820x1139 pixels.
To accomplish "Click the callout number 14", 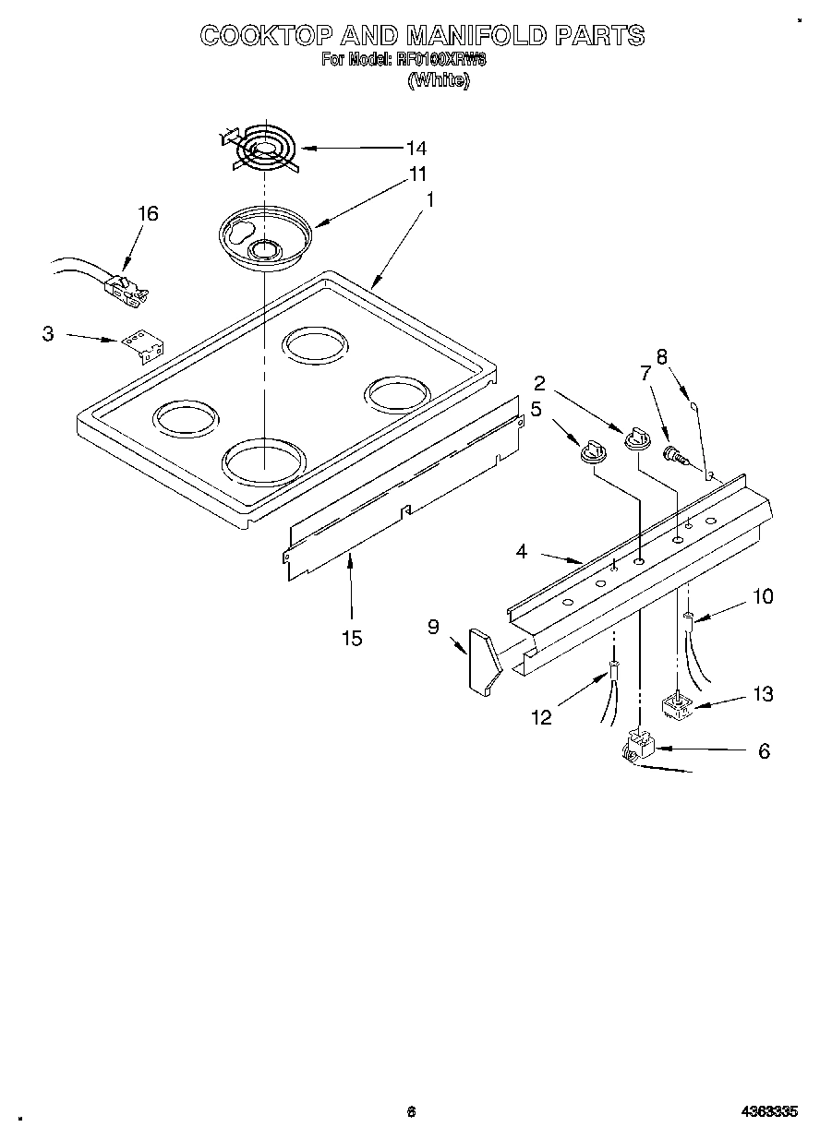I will tap(416, 148).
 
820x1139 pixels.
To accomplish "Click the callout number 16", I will tap(148, 214).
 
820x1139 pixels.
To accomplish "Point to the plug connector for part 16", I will tap(127, 289).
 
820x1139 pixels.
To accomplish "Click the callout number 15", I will tap(351, 638).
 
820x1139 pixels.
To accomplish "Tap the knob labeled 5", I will tap(589, 450).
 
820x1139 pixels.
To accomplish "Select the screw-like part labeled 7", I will tap(676, 453).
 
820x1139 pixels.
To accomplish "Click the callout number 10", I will tap(762, 597).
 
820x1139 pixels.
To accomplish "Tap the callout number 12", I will tap(541, 716).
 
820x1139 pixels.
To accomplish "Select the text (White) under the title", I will tap(440, 80).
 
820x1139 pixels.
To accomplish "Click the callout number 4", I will tap(522, 552).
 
